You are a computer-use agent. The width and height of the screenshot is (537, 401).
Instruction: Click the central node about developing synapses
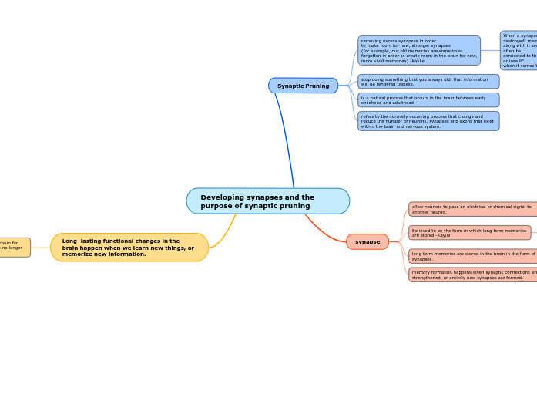pyautogui.click(x=267, y=201)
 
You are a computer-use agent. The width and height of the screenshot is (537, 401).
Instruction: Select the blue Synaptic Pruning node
pyautogui.click(x=303, y=86)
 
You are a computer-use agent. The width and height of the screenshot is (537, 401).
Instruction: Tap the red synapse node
pyautogui.click(x=368, y=241)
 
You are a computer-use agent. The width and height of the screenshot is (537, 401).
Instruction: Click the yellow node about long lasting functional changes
pyautogui.click(x=129, y=248)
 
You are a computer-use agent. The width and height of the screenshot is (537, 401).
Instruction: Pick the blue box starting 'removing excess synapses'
pyautogui.click(x=418, y=50)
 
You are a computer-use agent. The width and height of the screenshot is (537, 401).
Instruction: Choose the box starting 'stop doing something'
pyautogui.click(x=428, y=81)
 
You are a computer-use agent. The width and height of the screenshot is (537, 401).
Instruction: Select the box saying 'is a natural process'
pyautogui.click(x=428, y=100)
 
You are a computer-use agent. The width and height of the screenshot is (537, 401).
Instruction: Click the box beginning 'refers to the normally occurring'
pyautogui.click(x=428, y=121)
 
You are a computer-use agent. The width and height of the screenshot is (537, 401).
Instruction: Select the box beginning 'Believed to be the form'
pyautogui.click(x=469, y=232)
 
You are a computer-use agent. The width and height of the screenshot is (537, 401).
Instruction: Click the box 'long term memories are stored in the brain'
pyautogui.click(x=472, y=256)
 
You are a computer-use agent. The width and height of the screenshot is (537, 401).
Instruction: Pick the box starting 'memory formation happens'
pyautogui.click(x=472, y=275)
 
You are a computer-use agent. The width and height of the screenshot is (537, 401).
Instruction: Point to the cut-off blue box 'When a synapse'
pyautogui.click(x=519, y=50)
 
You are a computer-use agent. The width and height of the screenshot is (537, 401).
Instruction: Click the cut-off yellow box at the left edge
pyautogui.click(x=15, y=247)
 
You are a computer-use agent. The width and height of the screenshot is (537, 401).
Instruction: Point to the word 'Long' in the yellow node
pyautogui.click(x=69, y=241)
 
